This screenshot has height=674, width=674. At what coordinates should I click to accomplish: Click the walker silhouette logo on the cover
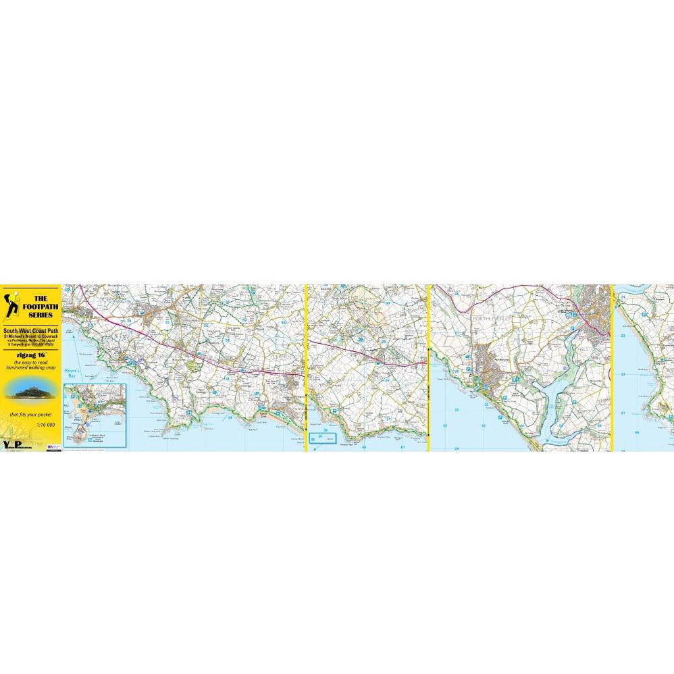[11, 304]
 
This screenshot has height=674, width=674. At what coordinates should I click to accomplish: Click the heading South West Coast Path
[32, 330]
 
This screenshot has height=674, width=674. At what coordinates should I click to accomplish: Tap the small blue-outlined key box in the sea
[323, 438]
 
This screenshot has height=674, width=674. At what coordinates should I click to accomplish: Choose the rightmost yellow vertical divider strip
[612, 367]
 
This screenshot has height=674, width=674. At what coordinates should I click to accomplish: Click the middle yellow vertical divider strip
[429, 367]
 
